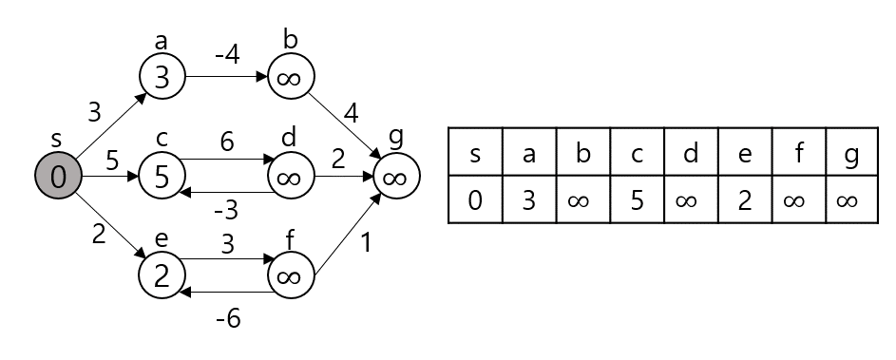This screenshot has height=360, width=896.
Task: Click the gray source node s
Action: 58,177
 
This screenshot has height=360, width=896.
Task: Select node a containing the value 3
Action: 162,77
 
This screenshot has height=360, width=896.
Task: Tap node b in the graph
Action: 291,77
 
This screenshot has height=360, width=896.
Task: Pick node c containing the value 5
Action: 162,177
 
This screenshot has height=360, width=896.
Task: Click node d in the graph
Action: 291,177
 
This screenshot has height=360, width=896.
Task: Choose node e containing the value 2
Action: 162,276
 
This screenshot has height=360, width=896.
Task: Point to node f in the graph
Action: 291,276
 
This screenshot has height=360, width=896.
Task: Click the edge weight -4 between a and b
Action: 226,55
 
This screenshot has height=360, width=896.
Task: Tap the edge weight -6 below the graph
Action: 226,319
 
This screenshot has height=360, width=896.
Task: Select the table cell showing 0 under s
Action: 475,199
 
